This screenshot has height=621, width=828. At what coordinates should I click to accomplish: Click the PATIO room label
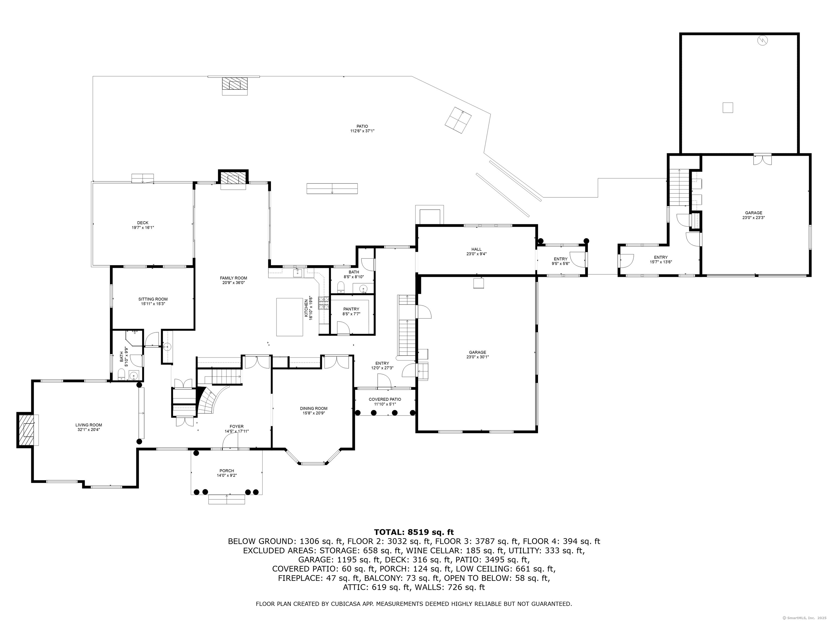click(x=362, y=126)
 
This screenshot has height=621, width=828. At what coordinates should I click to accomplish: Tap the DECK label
click(x=143, y=223)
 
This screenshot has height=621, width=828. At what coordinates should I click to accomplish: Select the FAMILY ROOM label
click(x=234, y=278)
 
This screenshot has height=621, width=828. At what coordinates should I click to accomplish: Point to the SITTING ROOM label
click(x=153, y=299)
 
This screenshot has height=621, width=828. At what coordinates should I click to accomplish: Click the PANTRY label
click(x=351, y=309)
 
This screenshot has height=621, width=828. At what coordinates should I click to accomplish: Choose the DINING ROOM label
click(x=314, y=408)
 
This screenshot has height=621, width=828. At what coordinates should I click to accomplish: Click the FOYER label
click(x=237, y=426)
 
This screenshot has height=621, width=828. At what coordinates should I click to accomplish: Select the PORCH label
click(x=227, y=471)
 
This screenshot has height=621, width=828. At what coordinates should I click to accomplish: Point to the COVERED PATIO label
click(x=385, y=399)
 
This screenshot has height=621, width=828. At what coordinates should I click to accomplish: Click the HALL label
click(x=477, y=249)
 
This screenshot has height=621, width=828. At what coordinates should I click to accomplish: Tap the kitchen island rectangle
click(x=290, y=317)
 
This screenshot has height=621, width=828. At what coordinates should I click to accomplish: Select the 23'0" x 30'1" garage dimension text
click(x=478, y=357)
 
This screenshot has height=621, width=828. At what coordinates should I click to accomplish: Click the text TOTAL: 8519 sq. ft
click(x=414, y=532)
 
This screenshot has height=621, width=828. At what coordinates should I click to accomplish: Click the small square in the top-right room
click(x=728, y=108)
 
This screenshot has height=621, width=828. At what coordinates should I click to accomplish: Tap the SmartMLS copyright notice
click(x=804, y=617)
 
